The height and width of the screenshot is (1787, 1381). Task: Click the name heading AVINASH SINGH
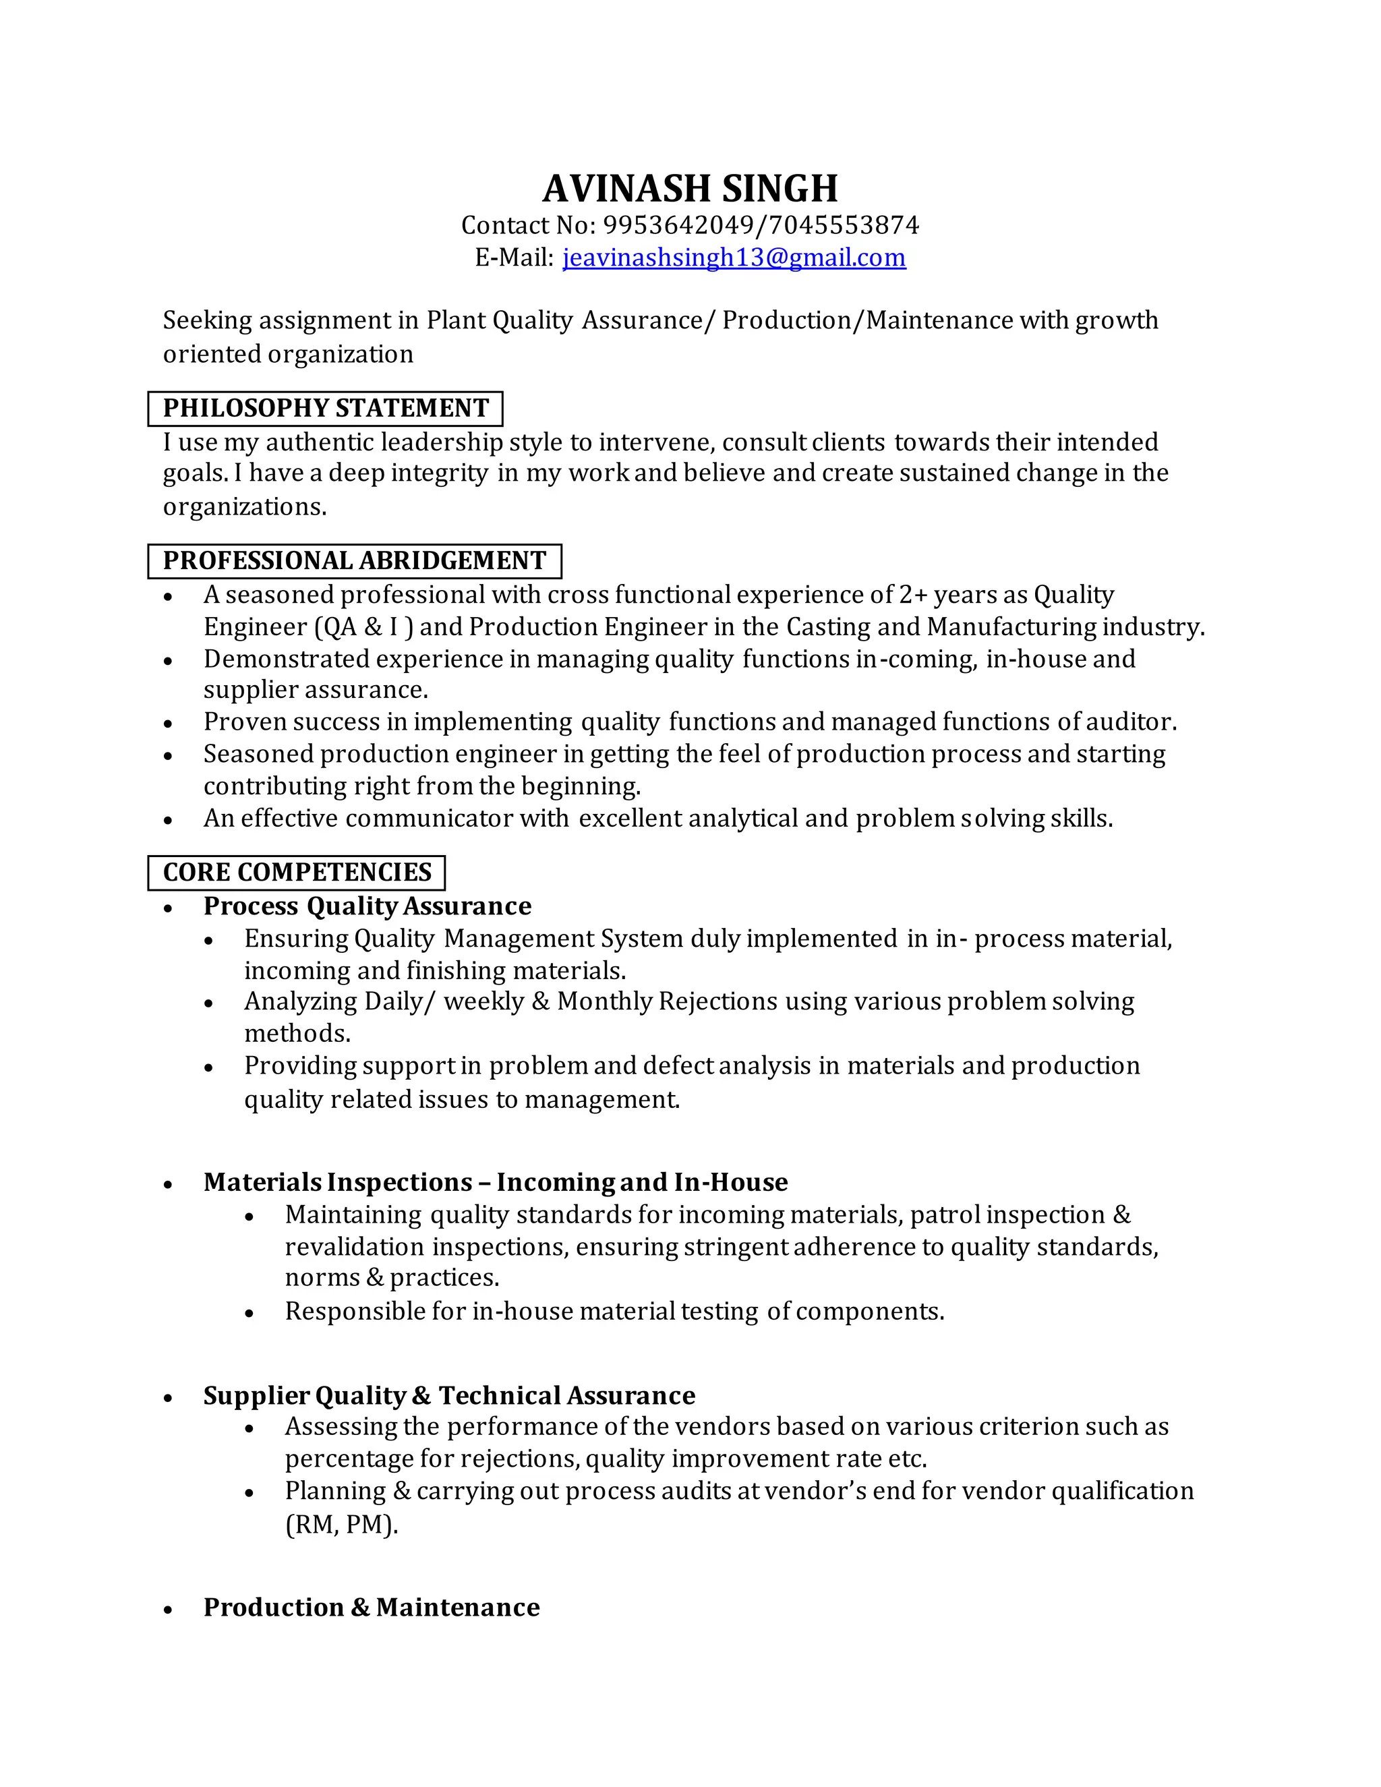point(690,188)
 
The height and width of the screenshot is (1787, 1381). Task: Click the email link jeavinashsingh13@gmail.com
point(734,258)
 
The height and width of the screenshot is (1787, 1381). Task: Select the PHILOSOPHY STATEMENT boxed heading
point(325,408)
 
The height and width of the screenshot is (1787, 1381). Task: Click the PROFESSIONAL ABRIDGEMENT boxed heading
point(354,560)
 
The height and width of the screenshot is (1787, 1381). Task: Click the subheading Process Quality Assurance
point(367,906)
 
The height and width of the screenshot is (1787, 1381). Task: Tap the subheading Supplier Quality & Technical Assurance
point(449,1395)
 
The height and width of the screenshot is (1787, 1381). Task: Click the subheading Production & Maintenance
point(372,1607)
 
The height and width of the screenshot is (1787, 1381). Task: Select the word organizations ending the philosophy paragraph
point(244,507)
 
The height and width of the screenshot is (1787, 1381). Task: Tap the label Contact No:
point(529,225)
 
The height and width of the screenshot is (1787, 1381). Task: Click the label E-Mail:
point(514,258)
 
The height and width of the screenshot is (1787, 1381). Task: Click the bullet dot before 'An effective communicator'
point(168,820)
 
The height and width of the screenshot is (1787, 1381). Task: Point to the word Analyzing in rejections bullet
point(300,1001)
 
